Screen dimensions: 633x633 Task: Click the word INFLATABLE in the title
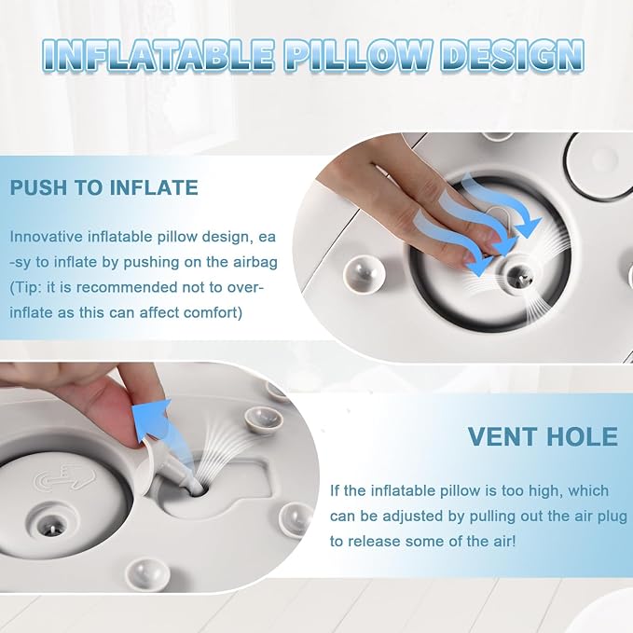[158, 55]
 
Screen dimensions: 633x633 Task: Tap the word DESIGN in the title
[513, 55]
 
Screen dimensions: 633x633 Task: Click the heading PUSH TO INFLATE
[103, 187]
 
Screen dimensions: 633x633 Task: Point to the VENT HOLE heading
[543, 436]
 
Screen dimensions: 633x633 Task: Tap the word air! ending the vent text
[502, 542]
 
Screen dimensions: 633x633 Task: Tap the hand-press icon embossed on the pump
[65, 476]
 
